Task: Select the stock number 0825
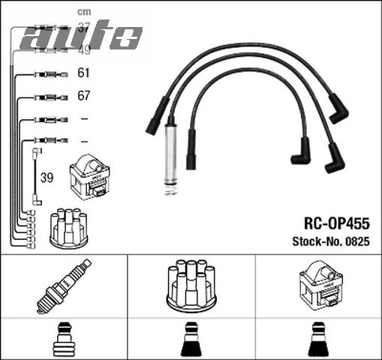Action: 357,241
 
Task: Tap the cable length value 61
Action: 84,73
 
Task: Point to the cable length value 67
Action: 84,97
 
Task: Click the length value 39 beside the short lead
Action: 47,178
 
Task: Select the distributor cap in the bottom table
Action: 191,286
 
